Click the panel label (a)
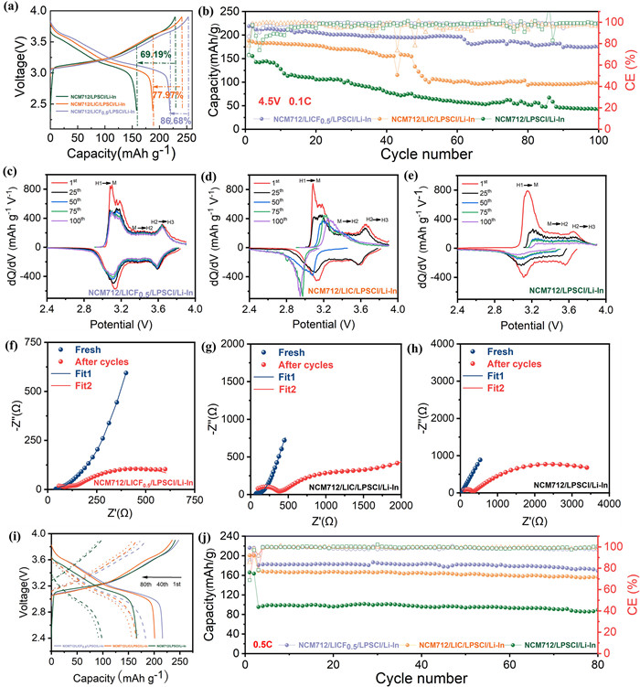[12, 11]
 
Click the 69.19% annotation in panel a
[158, 56]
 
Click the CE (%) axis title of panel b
[629, 69]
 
